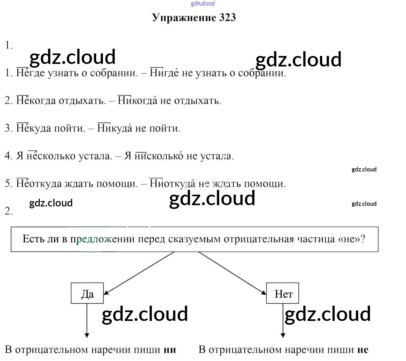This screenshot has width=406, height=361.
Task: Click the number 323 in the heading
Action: point(227,17)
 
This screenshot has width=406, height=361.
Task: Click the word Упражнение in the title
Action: point(184,17)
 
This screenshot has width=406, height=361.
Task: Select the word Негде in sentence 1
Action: point(30,73)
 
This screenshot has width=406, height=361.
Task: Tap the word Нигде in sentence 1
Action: point(164,73)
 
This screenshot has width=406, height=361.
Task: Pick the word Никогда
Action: point(137,101)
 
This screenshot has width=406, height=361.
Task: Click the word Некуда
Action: point(33,128)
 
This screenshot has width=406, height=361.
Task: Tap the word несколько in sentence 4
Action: point(47,156)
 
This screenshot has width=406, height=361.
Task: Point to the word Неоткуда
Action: point(39,184)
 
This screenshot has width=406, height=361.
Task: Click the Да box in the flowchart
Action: point(87,293)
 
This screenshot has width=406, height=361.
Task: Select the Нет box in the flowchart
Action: point(283,293)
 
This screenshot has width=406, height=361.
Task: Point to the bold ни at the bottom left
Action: point(170,350)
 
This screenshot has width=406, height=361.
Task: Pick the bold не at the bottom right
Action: point(363,350)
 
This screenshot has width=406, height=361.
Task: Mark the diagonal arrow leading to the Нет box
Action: point(232,273)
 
